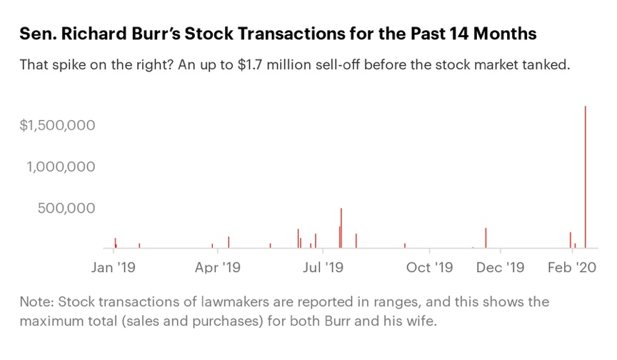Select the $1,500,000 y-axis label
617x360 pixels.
pos(58,126)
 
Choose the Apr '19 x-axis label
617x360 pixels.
pos(218,268)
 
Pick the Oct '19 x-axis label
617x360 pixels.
pos(430,268)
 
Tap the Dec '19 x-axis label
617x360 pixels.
pos(501,268)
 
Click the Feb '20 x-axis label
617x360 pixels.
pos(572,268)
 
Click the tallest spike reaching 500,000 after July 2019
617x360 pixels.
pos(341,229)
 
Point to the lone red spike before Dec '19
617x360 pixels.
pos(486,239)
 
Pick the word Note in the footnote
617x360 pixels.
pos(34,301)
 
